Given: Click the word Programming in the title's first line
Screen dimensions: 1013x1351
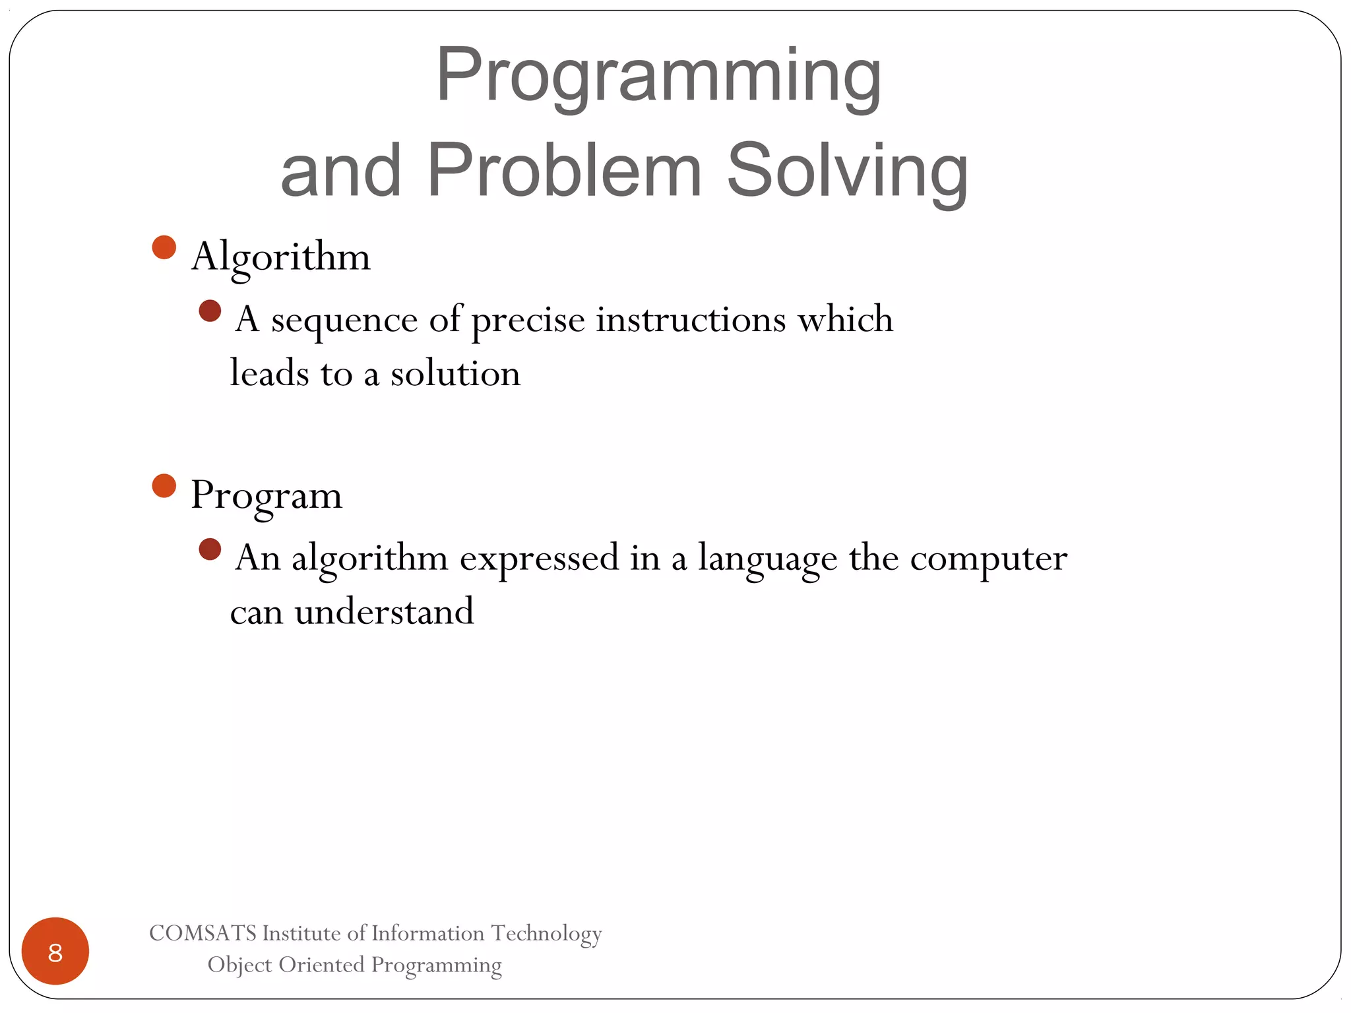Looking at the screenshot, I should pyautogui.click(x=658, y=76).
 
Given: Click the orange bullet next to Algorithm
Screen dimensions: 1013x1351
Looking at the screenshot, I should pyautogui.click(x=164, y=247).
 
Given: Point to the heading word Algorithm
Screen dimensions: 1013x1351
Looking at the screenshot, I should pyautogui.click(x=281, y=257).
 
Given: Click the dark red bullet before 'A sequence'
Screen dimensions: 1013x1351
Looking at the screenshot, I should pyautogui.click(x=210, y=311).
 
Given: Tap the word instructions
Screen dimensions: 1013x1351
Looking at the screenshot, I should pyautogui.click(x=691, y=320).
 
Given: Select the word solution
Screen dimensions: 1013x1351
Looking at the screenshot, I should pyautogui.click(x=455, y=375).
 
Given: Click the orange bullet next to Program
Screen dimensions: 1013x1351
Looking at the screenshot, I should pyautogui.click(x=164, y=486).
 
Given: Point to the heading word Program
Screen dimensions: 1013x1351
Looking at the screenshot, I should pyautogui.click(x=267, y=497).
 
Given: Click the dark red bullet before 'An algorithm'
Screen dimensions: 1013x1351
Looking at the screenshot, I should pyautogui.click(x=210, y=549).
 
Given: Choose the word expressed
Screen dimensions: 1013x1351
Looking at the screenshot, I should pyautogui.click(x=539, y=559).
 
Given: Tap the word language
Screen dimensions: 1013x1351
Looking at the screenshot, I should pyautogui.click(x=767, y=559).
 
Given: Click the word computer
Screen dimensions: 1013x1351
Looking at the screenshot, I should pyautogui.click(x=988, y=559).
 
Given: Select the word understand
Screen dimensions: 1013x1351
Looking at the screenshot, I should pyautogui.click(x=384, y=612).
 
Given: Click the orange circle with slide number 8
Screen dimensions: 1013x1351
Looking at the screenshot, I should pyautogui.click(x=55, y=951).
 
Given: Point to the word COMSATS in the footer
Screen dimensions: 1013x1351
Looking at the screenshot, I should pyautogui.click(x=203, y=933).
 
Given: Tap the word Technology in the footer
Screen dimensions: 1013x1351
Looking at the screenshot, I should pyautogui.click(x=546, y=934).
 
